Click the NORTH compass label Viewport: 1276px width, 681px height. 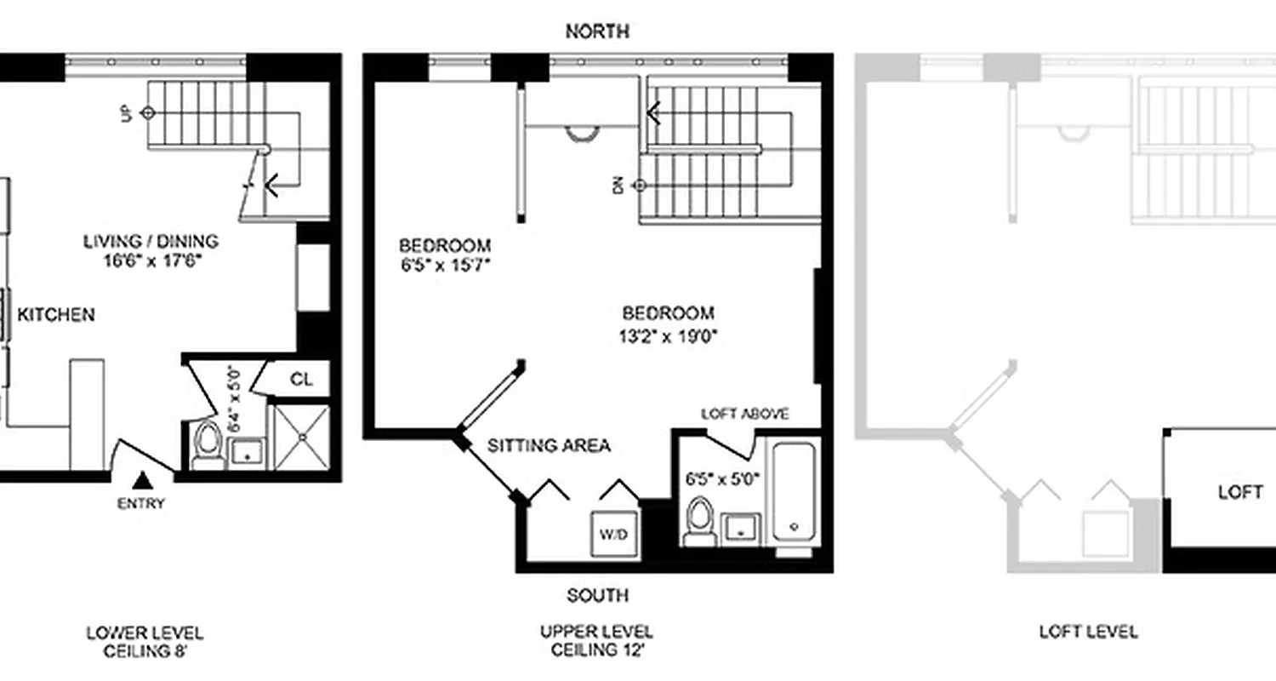[x=597, y=31]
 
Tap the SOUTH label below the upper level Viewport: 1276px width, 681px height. [x=597, y=595]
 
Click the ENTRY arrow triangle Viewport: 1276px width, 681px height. [x=142, y=481]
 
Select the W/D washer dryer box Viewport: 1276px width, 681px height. [x=614, y=535]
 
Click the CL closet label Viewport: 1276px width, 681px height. [x=301, y=379]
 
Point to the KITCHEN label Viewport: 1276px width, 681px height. [x=56, y=315]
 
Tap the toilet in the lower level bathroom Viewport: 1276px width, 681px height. [x=208, y=445]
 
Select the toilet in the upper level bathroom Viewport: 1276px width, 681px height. [x=699, y=521]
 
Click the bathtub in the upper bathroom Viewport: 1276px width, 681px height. [x=794, y=491]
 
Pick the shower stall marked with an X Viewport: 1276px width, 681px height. [x=302, y=437]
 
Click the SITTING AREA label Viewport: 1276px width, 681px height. [x=549, y=445]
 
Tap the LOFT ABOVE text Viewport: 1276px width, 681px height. [x=744, y=415]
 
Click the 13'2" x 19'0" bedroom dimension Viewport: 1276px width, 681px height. [x=668, y=335]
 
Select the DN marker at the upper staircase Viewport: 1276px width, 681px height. [x=619, y=184]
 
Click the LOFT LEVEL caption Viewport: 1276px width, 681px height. [x=1088, y=632]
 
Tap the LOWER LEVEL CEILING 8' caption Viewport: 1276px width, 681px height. [x=144, y=642]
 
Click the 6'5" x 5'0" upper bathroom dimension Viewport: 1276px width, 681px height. [x=721, y=478]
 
